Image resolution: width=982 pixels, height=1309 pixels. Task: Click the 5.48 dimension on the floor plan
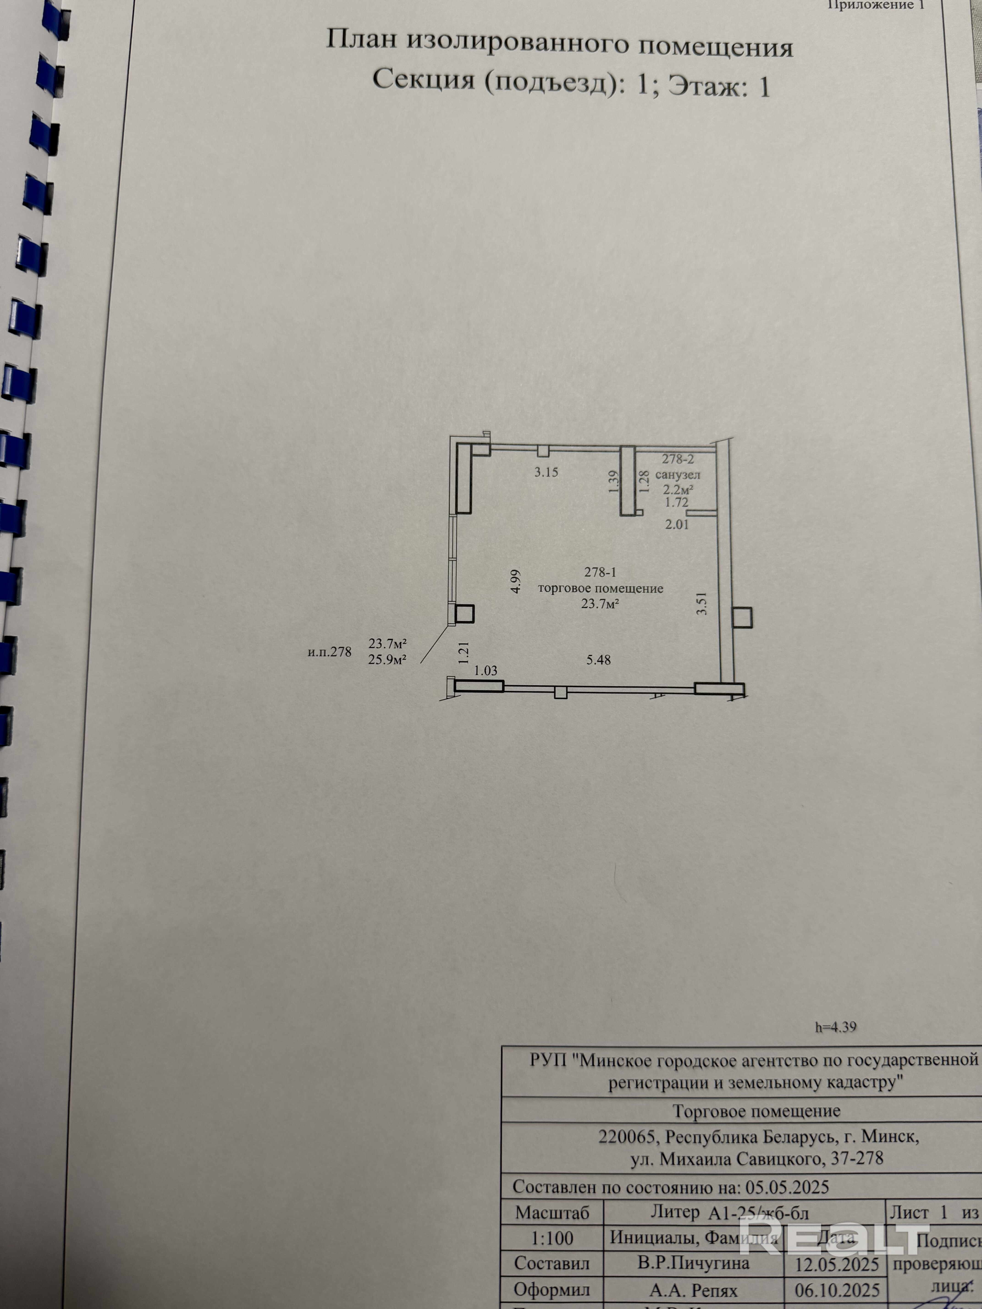pyautogui.click(x=599, y=659)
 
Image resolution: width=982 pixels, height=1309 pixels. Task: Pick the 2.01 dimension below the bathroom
pyautogui.click(x=677, y=524)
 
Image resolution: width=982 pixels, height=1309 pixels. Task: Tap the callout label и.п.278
pyautogui.click(x=330, y=652)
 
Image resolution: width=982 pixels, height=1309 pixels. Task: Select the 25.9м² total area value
pyautogui.click(x=387, y=659)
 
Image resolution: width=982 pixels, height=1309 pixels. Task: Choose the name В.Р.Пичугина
pyautogui.click(x=693, y=1262)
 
